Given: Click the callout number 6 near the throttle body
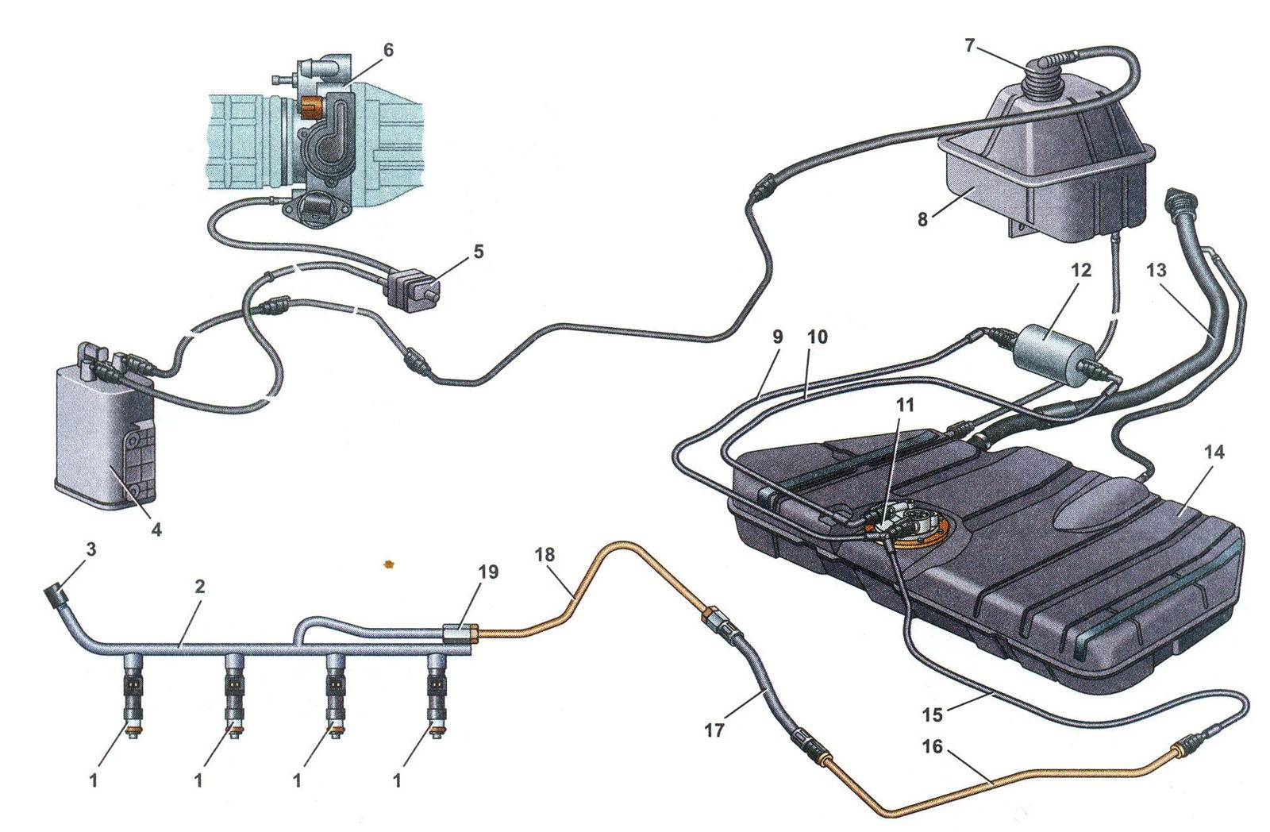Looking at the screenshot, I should [387, 49].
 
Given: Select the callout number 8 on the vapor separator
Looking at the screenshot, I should [922, 219].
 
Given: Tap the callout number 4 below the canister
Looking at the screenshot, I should [156, 529].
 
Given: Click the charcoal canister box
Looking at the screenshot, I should [99, 433].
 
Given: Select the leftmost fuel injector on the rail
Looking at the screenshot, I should [133, 695].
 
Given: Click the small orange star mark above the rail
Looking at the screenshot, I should [389, 564].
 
